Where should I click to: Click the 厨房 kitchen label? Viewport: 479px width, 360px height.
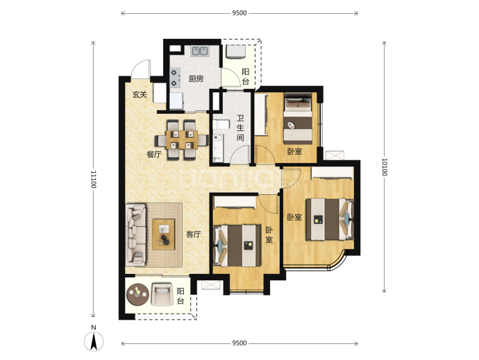(x=196, y=79)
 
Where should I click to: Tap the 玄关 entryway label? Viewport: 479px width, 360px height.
(x=140, y=94)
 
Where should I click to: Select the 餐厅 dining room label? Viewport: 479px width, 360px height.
(x=153, y=155)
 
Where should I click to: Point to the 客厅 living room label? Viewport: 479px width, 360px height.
(x=194, y=234)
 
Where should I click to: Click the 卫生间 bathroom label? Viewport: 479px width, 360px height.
(x=240, y=128)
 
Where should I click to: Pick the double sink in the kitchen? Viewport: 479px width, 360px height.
(x=200, y=51)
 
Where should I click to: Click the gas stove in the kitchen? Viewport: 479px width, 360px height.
(x=175, y=78)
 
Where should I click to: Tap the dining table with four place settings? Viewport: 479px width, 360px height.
(x=181, y=140)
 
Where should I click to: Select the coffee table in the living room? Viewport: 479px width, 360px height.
(x=164, y=234)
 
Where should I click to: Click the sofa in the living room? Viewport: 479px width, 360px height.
(x=136, y=234)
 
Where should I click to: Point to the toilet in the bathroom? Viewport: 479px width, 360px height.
(x=221, y=125)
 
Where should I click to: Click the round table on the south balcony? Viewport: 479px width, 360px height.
(x=137, y=295)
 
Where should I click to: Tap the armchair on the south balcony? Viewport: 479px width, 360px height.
(x=161, y=294)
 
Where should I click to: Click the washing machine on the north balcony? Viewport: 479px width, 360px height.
(x=235, y=51)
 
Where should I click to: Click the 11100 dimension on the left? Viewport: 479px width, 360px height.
(x=94, y=179)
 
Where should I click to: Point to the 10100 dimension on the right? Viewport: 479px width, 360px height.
(x=385, y=167)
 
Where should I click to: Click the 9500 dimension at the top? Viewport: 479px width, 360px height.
(x=239, y=13)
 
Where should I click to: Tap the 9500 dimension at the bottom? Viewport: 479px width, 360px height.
(x=239, y=343)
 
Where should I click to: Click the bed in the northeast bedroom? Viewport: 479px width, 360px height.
(x=298, y=119)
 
